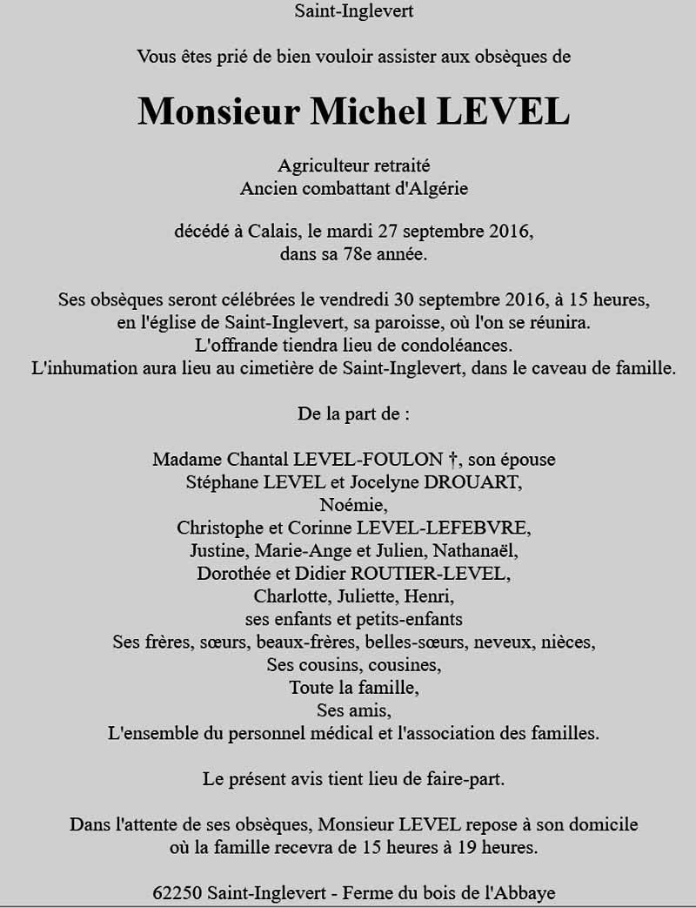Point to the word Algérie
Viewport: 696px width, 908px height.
435,187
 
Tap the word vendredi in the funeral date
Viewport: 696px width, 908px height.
354,300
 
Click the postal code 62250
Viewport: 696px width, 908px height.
177,892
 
